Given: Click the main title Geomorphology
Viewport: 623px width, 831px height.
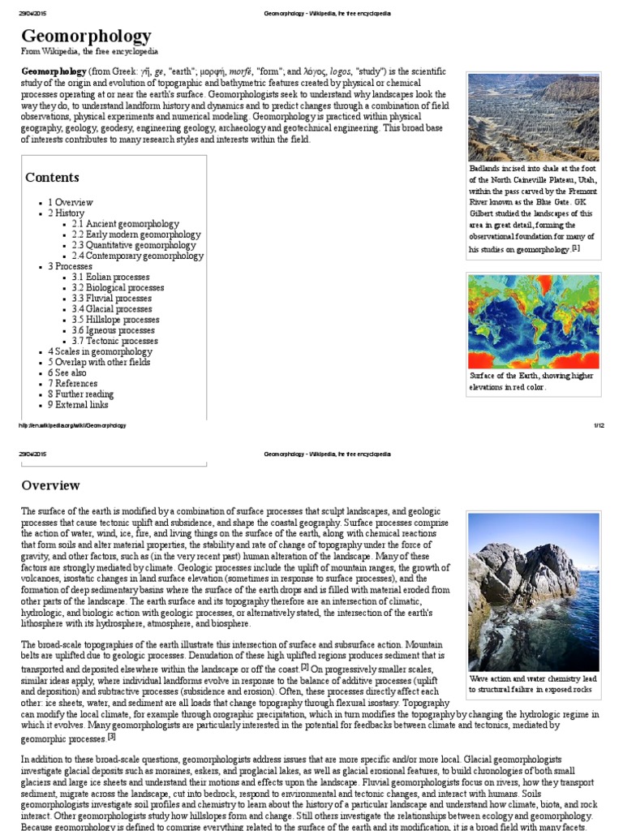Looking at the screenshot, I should tap(86, 36).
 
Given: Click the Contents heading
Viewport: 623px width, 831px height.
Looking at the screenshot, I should tap(52, 177).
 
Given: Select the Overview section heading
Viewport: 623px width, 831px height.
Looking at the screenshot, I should tap(50, 485).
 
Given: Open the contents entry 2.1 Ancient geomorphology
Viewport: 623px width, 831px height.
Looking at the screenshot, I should tap(125, 224).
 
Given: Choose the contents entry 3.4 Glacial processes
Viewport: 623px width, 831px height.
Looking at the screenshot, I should tap(111, 309).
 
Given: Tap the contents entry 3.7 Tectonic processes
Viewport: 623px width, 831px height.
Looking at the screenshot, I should tap(114, 341).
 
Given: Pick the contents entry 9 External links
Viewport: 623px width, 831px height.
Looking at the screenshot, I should tap(78, 404).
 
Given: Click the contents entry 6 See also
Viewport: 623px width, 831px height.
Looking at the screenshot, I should tap(67, 372).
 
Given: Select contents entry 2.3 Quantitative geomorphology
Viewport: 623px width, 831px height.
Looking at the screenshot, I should tap(133, 245).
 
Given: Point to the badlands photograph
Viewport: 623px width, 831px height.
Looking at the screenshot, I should tap(534, 117).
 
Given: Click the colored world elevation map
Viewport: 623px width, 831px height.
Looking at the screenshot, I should tap(534, 321).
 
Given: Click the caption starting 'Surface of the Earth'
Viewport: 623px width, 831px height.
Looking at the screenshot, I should tap(531, 381).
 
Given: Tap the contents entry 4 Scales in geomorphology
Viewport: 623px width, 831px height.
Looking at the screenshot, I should tap(100, 351).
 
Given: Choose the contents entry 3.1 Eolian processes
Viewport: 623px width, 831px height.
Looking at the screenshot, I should tap(110, 277).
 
